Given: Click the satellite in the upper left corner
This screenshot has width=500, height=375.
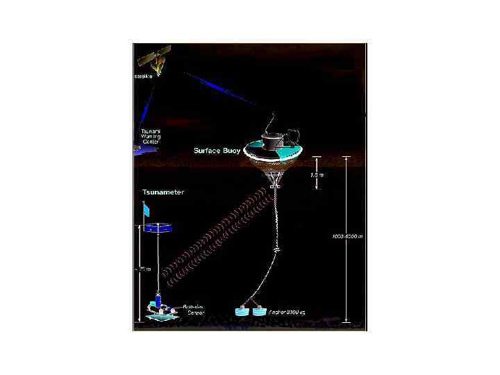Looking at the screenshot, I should point(154,57).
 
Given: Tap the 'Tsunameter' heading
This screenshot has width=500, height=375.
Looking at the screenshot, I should point(163,192).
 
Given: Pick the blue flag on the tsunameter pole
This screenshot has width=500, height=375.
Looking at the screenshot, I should point(147,209).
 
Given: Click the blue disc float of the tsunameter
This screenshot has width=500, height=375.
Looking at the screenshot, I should point(158,227).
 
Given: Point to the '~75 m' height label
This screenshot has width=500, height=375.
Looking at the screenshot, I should point(144,269).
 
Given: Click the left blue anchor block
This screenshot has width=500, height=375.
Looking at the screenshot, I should point(243,312).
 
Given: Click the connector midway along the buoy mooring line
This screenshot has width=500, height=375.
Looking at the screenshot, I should point(277,249).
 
